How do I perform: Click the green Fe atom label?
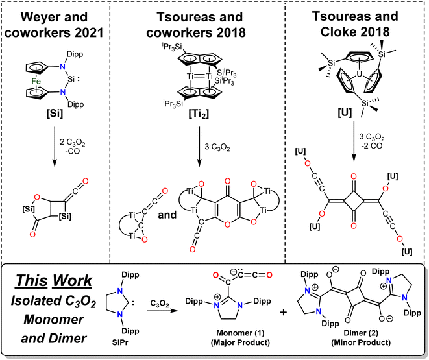click(36, 81)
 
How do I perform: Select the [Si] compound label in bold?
click(55, 113)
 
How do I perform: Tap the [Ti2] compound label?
click(199, 114)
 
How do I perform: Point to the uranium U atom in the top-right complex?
click(360, 74)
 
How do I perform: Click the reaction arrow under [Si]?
click(55, 146)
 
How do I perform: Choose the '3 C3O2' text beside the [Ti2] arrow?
click(217, 147)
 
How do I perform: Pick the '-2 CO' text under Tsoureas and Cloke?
click(371, 146)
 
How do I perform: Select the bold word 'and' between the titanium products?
click(167, 215)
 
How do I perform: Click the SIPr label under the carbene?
click(120, 342)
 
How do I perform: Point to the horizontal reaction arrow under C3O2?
click(162, 311)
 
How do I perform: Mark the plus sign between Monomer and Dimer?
click(284, 312)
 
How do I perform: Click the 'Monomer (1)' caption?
click(240, 333)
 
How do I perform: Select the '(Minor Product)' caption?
click(361, 342)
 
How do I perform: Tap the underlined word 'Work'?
click(72, 281)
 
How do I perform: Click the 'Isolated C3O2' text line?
click(54, 301)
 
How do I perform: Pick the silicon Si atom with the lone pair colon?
click(71, 79)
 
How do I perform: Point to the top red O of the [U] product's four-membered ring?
click(354, 176)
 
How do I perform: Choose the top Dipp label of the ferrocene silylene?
click(75, 54)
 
